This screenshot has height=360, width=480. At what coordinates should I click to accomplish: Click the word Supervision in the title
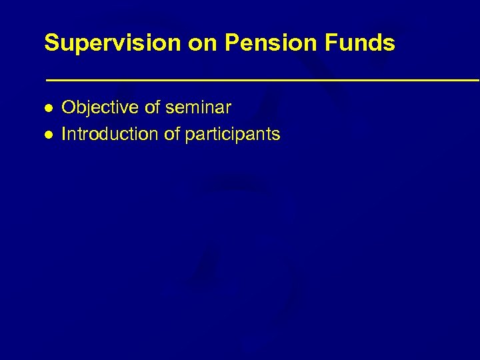[111, 44]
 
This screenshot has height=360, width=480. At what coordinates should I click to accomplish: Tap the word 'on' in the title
[201, 44]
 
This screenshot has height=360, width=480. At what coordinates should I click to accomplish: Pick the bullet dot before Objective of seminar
[48, 107]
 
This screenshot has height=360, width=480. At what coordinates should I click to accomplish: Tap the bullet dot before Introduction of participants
[48, 135]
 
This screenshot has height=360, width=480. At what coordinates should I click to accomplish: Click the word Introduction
[110, 135]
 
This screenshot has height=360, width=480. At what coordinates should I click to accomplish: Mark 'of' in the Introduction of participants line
[172, 135]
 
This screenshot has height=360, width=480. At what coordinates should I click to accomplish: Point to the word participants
[233, 135]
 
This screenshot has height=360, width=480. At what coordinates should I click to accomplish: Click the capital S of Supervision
[51, 44]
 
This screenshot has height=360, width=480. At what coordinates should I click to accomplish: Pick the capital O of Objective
[67, 107]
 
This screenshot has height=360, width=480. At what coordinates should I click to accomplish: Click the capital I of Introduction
[63, 135]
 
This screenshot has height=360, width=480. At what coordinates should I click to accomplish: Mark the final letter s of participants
[276, 135]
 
